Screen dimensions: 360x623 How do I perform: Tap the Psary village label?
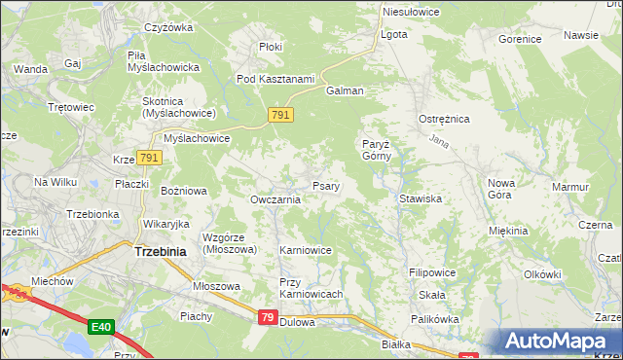coord(325,186)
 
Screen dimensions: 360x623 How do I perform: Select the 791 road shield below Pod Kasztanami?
coord(280,116)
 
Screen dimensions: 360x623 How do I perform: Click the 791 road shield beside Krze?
coord(148,158)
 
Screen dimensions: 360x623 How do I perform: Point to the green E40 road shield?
coord(101,327)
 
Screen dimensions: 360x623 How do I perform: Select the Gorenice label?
coord(519,40)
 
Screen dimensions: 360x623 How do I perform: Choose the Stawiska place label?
coord(421,198)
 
